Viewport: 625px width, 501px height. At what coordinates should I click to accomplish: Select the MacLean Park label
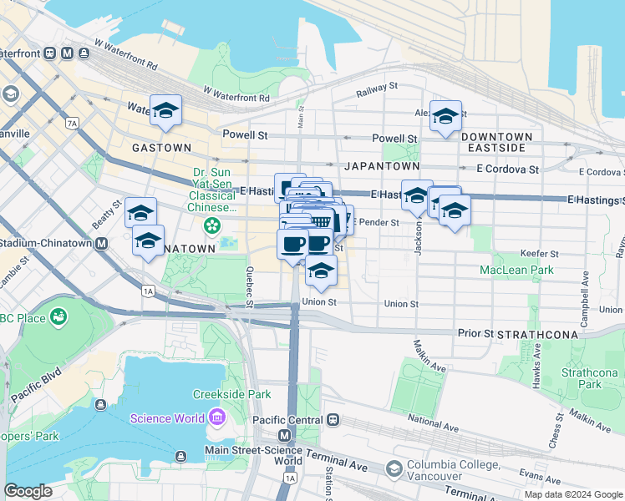click(516, 270)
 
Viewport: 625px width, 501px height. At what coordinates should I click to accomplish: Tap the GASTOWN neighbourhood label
click(161, 147)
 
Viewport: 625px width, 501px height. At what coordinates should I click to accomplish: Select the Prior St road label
click(476, 332)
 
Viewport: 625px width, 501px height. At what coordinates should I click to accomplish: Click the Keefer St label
click(538, 253)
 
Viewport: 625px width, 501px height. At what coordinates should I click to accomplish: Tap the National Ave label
click(434, 426)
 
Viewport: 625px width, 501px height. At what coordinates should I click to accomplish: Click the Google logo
click(28, 491)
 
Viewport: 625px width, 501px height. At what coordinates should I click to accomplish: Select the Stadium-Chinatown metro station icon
click(101, 243)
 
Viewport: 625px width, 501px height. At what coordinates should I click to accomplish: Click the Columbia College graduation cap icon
click(393, 469)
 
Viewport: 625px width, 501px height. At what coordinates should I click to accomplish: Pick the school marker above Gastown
click(165, 109)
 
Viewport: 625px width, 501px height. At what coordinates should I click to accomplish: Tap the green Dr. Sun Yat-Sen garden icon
click(213, 225)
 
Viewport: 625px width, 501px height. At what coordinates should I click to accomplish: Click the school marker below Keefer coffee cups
click(321, 270)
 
